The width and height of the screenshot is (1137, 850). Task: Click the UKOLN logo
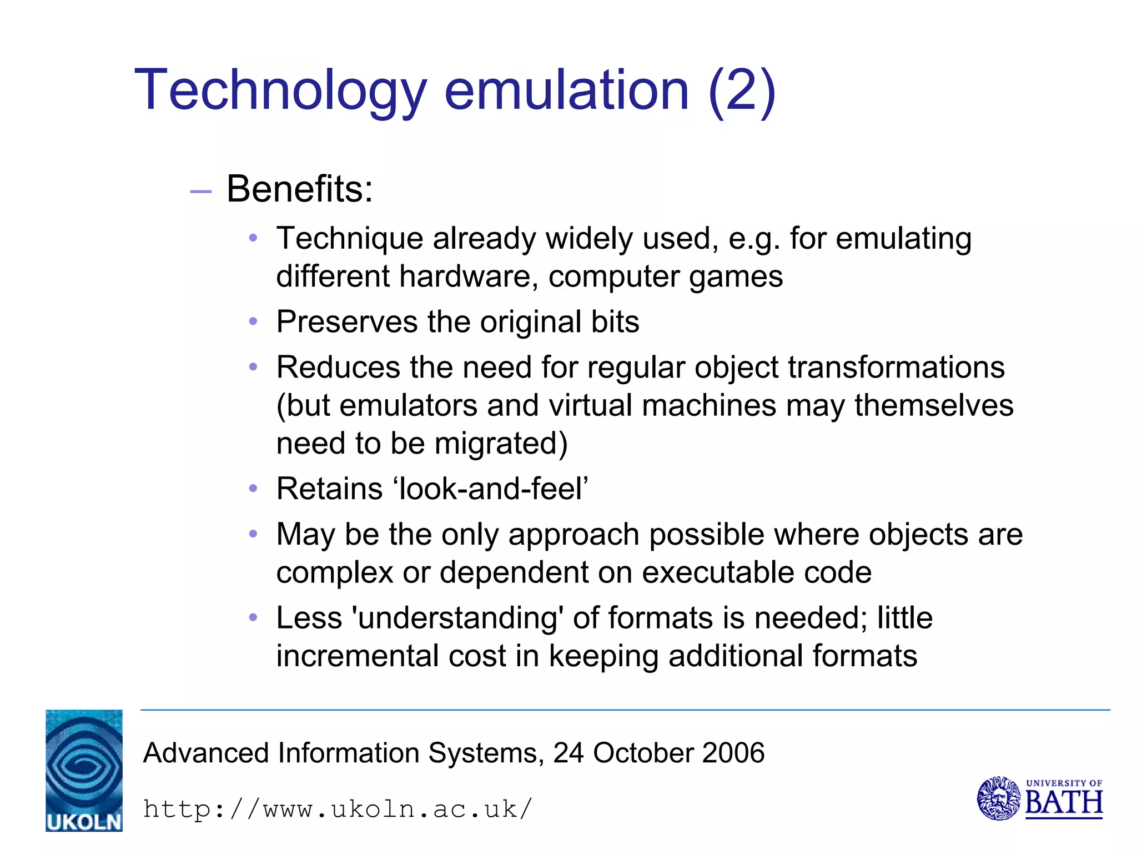84,770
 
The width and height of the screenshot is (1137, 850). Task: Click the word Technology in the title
280,90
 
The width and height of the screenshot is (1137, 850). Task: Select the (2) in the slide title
742,90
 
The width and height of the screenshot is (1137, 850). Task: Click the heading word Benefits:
300,189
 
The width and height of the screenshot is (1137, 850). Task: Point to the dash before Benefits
200,192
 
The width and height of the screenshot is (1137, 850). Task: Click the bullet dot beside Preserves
253,322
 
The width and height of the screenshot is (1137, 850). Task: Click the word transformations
896,368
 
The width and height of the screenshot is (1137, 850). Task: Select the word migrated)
501,444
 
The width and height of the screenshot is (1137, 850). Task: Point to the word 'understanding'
458,618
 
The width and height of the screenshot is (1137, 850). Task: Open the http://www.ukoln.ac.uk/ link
338,809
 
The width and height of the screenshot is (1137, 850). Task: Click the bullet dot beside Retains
253,489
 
